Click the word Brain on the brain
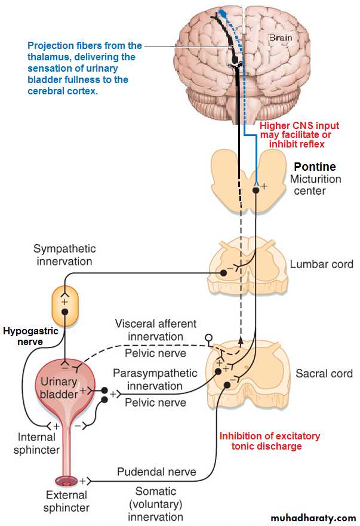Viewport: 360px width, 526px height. pos(280,37)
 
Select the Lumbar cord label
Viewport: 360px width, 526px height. pos(321,264)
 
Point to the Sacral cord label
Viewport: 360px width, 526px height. pos(324,374)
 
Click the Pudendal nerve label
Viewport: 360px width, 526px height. pos(156,472)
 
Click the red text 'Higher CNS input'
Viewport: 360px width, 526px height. pos(299,125)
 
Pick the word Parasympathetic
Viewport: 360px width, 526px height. pos(155,373)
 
